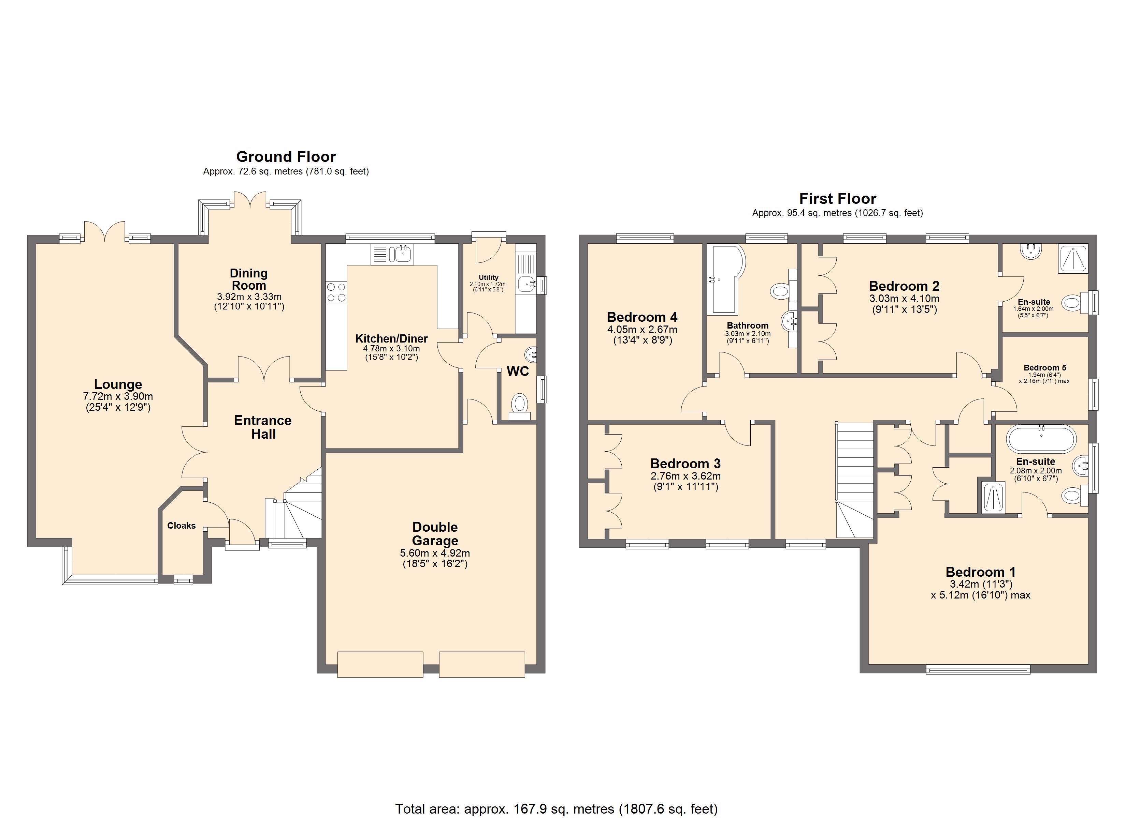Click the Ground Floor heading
286,157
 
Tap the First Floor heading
838,199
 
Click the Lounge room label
118,384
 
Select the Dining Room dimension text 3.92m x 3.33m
249,297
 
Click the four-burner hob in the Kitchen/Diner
336,292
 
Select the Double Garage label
435,534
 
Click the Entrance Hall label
263,427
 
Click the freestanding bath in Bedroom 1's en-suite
1041,439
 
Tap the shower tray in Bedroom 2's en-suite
1073,258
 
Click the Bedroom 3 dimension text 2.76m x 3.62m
685,476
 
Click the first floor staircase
855,480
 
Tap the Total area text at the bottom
557,809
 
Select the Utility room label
489,277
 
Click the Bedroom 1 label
981,572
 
